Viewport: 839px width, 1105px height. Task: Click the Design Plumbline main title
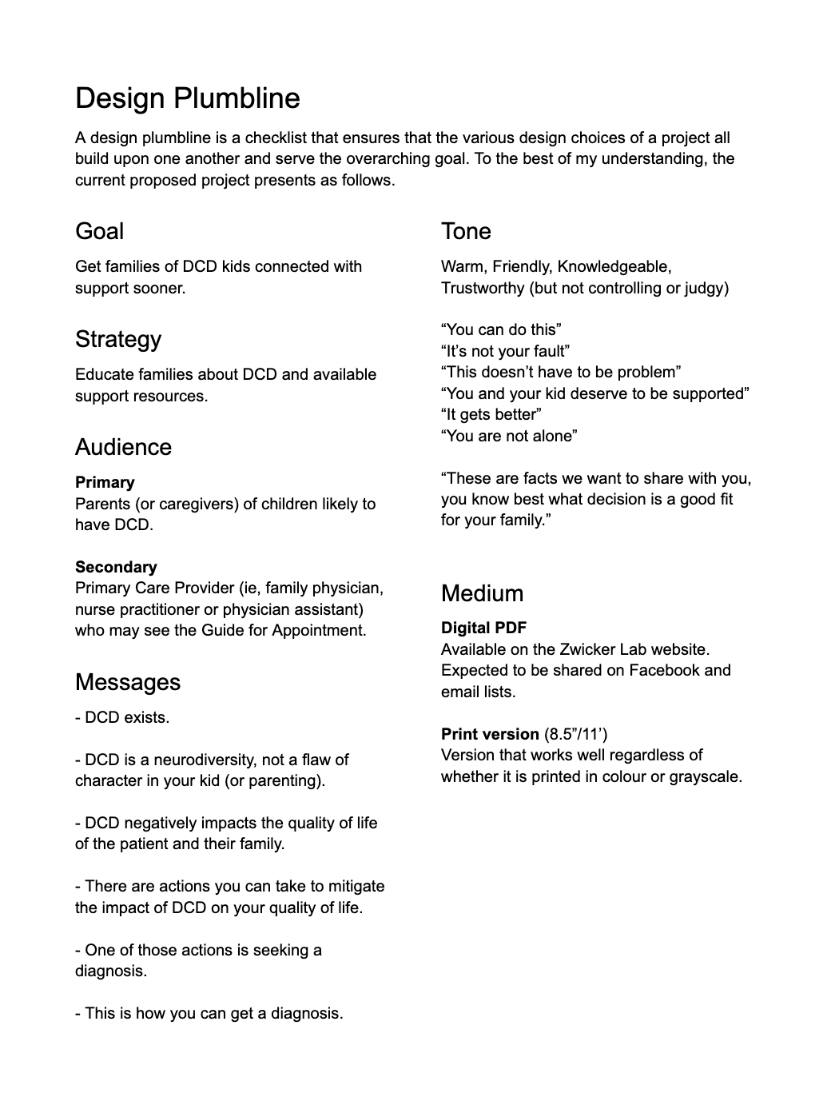click(x=188, y=98)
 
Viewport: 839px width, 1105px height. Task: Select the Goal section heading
click(x=99, y=231)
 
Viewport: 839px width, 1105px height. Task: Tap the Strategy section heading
click(x=118, y=339)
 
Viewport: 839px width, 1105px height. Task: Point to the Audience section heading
click(x=123, y=447)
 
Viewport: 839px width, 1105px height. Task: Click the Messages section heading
click(x=128, y=682)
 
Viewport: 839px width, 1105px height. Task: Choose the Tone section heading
click(x=466, y=231)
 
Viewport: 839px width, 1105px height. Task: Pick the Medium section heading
click(x=482, y=593)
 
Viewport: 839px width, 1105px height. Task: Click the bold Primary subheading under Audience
click(x=105, y=482)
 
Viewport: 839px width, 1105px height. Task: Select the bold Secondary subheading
click(x=116, y=567)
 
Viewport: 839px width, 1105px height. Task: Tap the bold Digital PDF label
click(x=483, y=628)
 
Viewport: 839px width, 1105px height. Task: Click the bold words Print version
click(x=490, y=734)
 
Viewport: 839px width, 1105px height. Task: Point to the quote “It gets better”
click(x=491, y=414)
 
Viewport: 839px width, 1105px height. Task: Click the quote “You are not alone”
click(x=509, y=436)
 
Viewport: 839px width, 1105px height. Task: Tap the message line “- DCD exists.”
click(x=122, y=717)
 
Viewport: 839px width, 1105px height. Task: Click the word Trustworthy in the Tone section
click(x=483, y=288)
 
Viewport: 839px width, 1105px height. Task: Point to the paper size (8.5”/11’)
click(x=575, y=734)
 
